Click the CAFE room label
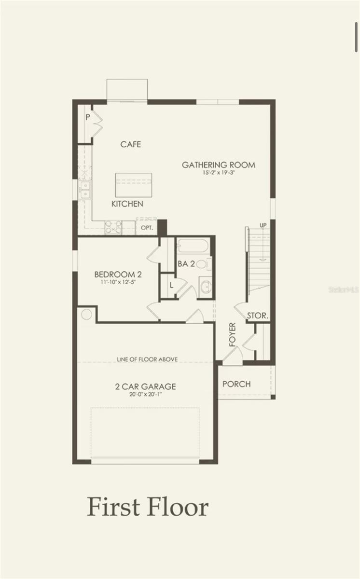click(x=131, y=144)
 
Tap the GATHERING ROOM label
click(x=219, y=165)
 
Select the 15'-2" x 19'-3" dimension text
click(x=219, y=173)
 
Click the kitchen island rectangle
click(x=133, y=185)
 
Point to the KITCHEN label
click(x=127, y=204)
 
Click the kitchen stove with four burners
click(x=113, y=227)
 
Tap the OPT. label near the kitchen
click(x=147, y=228)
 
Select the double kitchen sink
click(x=85, y=190)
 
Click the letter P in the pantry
click(x=88, y=117)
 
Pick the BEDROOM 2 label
click(x=118, y=274)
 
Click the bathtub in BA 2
click(x=193, y=246)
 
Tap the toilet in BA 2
click(x=204, y=264)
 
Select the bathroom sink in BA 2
click(x=206, y=287)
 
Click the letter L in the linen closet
click(x=171, y=285)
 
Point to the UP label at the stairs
click(x=263, y=225)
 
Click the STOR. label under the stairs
click(x=258, y=316)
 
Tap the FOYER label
click(x=233, y=334)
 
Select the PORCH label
click(x=236, y=384)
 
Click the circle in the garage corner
click(x=86, y=315)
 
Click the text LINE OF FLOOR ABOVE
click(x=147, y=359)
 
